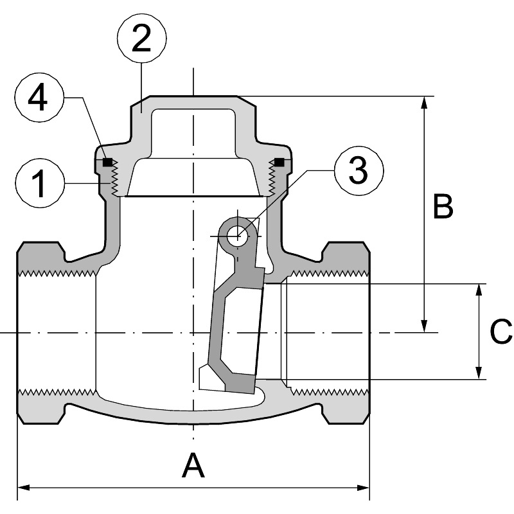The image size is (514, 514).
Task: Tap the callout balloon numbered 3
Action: point(358,170)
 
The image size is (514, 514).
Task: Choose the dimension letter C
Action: point(501,332)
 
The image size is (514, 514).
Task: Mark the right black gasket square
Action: point(279,161)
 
